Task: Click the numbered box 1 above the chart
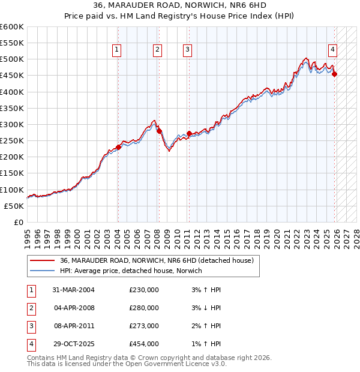[116, 50]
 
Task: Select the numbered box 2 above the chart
[157, 50]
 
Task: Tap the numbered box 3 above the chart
[187, 50]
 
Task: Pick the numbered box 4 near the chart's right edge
[332, 50]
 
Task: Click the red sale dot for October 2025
[335, 74]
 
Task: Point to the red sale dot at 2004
[118, 147]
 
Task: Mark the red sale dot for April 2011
[189, 133]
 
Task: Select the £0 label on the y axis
[18, 222]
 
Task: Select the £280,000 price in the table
[144, 308]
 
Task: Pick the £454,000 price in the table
[144, 344]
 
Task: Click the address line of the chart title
[180, 5]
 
